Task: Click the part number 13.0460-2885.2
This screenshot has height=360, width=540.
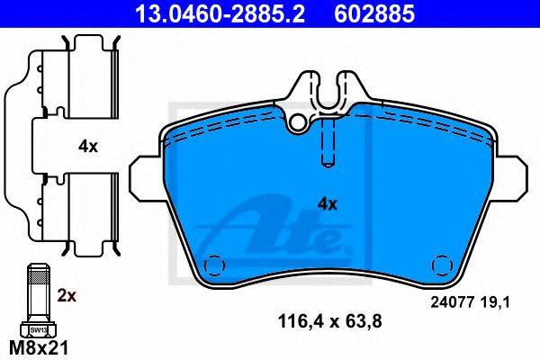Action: click(x=220, y=13)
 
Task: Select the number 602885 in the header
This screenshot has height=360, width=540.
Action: click(x=374, y=13)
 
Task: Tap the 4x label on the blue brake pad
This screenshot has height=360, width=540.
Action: click(x=328, y=204)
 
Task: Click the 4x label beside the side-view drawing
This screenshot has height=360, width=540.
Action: click(x=88, y=147)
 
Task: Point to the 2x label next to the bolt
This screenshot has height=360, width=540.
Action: click(x=67, y=295)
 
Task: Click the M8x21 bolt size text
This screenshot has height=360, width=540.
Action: click(x=39, y=348)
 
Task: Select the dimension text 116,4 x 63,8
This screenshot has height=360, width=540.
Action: click(x=329, y=322)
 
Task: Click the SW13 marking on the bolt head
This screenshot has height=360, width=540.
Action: click(x=38, y=330)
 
